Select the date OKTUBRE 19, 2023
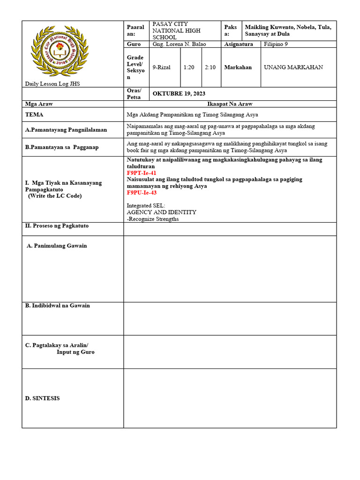point(179,93)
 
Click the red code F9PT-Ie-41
point(142,173)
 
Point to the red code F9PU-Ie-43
point(142,193)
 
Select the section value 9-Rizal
point(162,67)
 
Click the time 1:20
point(189,67)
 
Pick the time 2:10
point(210,67)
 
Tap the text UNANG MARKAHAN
point(293,67)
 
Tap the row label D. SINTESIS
point(42,398)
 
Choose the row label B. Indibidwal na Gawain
point(57,306)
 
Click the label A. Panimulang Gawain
point(57,246)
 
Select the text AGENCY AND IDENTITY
point(161,212)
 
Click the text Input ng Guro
point(75,352)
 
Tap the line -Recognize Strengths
point(153,219)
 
